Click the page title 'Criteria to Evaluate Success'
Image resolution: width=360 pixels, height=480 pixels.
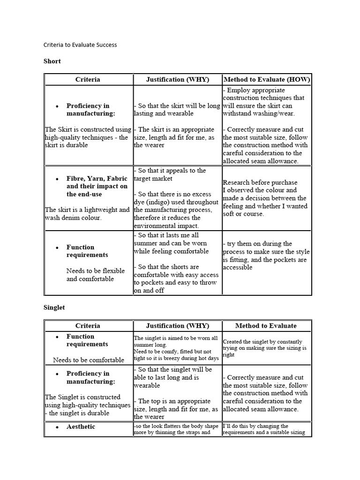tap(80, 45)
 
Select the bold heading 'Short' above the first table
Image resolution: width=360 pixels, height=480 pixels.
tap(52, 61)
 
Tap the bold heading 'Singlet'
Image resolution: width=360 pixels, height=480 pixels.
tap(54, 307)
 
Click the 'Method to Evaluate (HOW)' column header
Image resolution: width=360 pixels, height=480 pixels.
tap(267, 80)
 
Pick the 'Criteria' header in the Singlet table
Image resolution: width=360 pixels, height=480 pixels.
tap(88, 326)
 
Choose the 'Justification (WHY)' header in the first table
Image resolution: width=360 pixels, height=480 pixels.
tap(178, 80)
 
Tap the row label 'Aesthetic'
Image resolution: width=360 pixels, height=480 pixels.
tap(81, 427)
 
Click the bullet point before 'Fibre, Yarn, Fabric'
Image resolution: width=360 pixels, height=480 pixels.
tap(57, 179)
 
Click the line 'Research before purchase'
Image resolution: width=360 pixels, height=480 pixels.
tap(260, 182)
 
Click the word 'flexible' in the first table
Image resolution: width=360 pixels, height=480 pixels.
tap(112, 271)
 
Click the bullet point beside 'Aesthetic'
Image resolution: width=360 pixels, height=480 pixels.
tap(57, 427)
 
